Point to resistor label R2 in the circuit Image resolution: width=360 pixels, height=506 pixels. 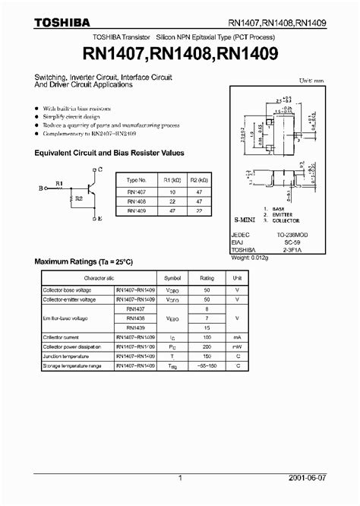[77, 199]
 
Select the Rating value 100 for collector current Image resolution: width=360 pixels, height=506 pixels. [207, 336]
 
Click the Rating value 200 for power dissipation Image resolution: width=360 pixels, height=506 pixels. [207, 346]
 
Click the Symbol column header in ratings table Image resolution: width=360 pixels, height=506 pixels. [172, 278]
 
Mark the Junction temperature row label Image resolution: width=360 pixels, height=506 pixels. [64, 356]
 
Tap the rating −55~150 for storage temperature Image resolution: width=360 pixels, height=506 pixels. [207, 365]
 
